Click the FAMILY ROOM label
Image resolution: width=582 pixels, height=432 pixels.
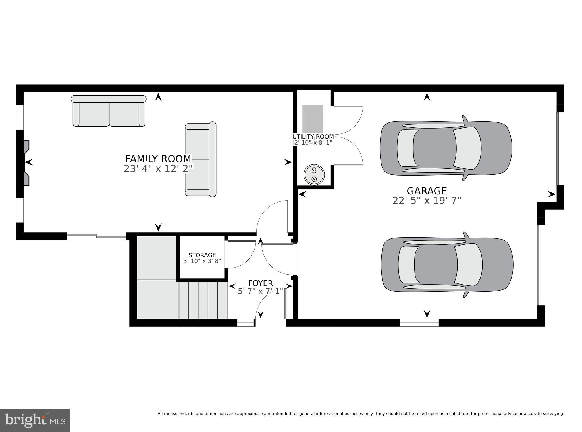(x=158, y=159)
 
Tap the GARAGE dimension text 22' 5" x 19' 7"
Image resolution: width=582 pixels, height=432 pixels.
(x=427, y=201)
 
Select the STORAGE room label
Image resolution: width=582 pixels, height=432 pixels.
(x=202, y=255)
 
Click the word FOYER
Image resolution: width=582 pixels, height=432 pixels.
(x=260, y=283)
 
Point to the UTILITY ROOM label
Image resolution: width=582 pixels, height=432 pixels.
(x=313, y=137)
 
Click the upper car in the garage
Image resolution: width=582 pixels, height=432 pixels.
(x=446, y=148)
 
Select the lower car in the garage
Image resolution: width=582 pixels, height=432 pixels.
(x=447, y=265)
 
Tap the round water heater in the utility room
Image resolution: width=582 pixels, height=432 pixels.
(x=314, y=174)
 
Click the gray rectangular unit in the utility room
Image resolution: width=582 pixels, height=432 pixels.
(x=313, y=119)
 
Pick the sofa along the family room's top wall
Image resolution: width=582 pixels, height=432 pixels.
(x=109, y=111)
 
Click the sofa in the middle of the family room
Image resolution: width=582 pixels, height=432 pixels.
(x=201, y=160)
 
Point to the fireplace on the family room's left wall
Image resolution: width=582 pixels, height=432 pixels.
(x=26, y=162)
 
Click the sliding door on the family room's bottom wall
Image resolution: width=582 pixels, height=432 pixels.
(x=96, y=236)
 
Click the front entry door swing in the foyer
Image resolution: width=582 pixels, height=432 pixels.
(x=270, y=306)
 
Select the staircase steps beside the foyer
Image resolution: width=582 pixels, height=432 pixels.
(x=203, y=300)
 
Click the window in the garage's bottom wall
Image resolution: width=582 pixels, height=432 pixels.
(x=419, y=323)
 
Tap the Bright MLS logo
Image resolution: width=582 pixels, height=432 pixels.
(x=35, y=420)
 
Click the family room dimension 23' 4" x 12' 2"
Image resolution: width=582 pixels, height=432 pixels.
(x=158, y=169)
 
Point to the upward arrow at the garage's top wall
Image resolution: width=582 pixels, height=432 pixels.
(x=427, y=97)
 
